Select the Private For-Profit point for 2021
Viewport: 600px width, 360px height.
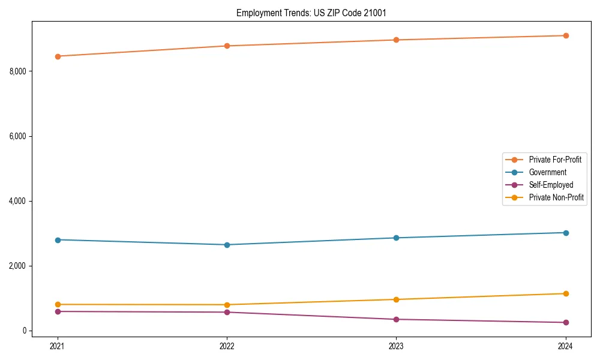[58, 56]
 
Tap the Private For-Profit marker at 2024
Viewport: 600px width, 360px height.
[565, 35]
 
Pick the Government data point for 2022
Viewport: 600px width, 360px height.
[227, 245]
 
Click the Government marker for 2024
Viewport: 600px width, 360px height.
[565, 233]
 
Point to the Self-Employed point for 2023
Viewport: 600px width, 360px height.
[396, 319]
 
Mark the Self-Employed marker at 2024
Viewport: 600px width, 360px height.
[565, 323]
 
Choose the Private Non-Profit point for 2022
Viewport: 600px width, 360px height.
[227, 305]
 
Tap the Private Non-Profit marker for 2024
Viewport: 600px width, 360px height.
[565, 293]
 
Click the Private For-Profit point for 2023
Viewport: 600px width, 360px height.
[396, 40]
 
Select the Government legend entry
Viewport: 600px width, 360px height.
[547, 172]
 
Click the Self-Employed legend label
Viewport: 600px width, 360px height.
[551, 185]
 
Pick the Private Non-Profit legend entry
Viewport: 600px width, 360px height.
[556, 197]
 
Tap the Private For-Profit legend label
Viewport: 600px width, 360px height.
[554, 160]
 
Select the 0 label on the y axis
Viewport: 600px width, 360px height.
[25, 331]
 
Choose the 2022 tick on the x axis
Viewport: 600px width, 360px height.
[227, 346]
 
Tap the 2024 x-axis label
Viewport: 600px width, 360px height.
[565, 346]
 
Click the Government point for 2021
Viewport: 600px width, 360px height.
[58, 240]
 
